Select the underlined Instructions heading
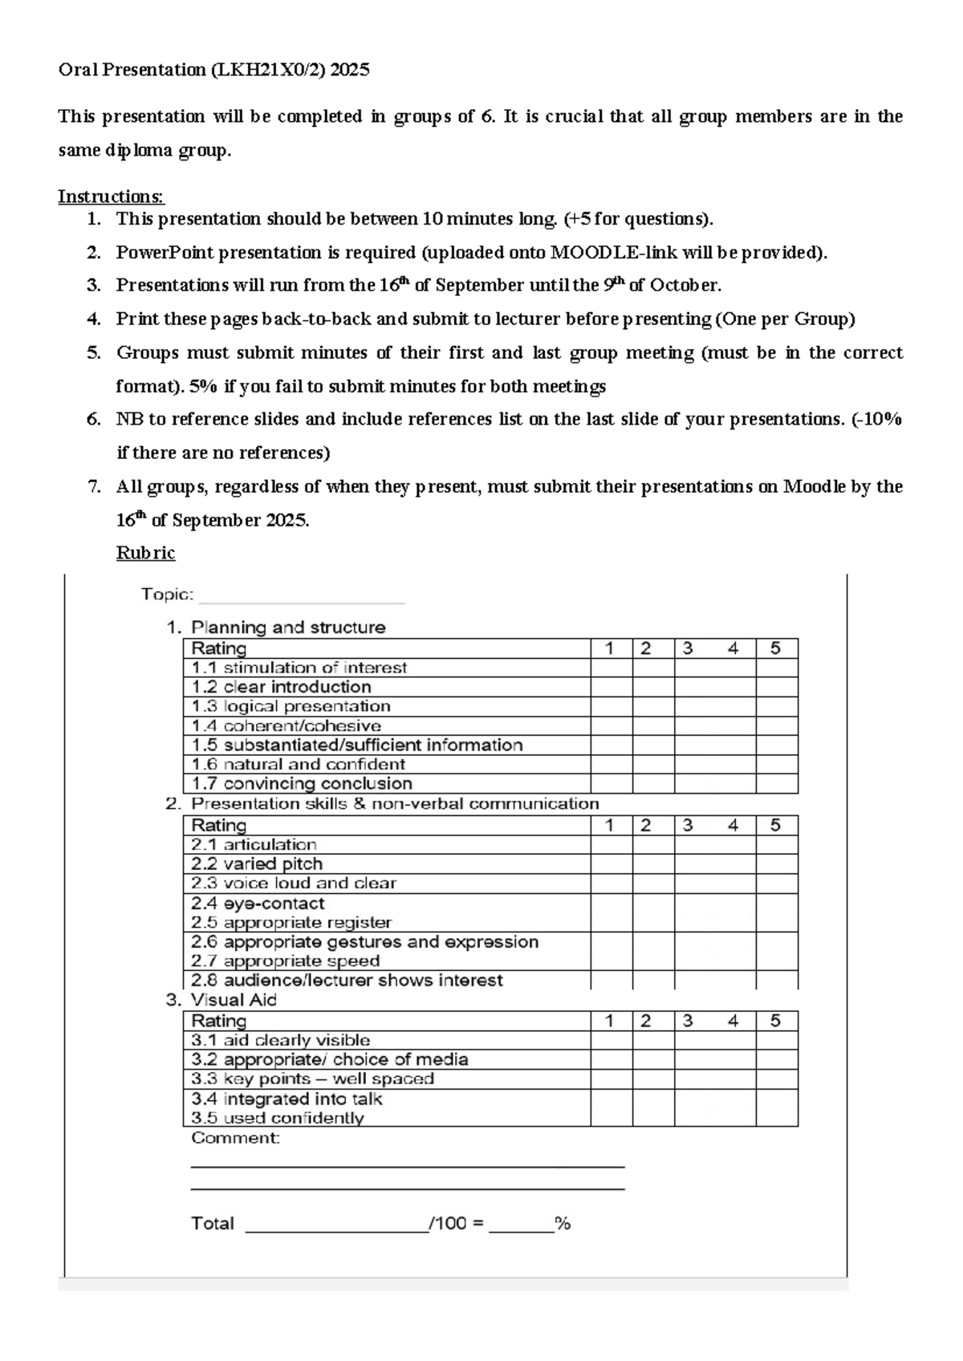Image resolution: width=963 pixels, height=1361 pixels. coord(111,197)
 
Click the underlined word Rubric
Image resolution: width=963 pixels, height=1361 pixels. coord(145,553)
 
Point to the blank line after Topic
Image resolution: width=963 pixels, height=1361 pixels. coord(301,596)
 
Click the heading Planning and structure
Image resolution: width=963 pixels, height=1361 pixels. coord(288,628)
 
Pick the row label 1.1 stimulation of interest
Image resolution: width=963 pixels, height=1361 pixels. coord(299,668)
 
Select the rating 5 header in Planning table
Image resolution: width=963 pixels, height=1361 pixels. coord(775,648)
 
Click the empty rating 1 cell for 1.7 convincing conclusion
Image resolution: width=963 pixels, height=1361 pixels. coord(612,784)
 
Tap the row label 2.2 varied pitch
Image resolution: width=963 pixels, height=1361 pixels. coord(257,864)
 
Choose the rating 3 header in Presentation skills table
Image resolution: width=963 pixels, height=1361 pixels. coord(688,825)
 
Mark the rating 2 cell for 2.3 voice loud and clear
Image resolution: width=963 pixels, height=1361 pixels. coord(652,884)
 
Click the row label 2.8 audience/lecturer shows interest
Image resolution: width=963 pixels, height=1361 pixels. coord(347,981)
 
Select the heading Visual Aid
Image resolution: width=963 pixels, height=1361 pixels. coord(233,1000)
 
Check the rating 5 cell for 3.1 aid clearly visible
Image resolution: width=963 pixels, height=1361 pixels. coord(776,1041)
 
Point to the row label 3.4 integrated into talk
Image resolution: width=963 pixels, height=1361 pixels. coord(286,1099)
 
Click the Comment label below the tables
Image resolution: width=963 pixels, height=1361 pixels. coord(235,1138)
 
